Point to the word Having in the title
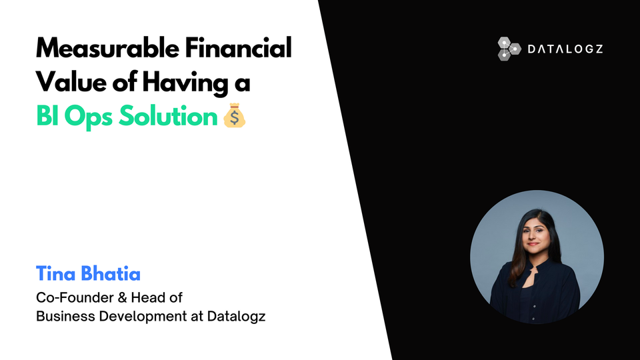pos(188,83)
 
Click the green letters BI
pos(46,117)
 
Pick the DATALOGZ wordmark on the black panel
pos(565,49)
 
